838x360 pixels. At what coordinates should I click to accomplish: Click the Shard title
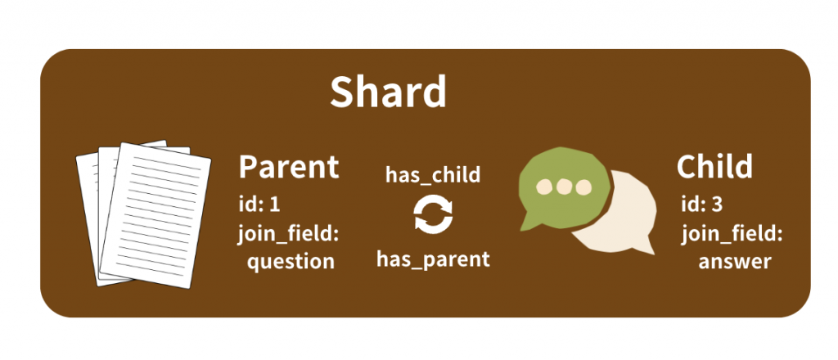tap(388, 92)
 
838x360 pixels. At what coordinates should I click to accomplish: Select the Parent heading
tap(289, 166)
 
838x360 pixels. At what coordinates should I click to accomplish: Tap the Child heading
tap(714, 166)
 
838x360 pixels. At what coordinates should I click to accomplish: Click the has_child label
tap(433, 174)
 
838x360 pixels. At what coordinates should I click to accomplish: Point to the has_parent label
tap(433, 259)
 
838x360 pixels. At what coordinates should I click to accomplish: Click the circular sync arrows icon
tap(433, 214)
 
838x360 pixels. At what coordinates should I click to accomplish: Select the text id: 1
tap(259, 205)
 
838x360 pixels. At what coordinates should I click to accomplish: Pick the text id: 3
tap(701, 205)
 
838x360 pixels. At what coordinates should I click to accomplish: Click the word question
tap(291, 263)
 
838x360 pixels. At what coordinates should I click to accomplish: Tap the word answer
tap(735, 262)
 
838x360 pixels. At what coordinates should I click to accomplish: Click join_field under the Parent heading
tap(289, 234)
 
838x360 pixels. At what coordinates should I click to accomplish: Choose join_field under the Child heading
tap(732, 234)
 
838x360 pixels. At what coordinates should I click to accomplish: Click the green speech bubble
tap(564, 187)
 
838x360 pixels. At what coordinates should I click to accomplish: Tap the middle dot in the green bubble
tap(565, 187)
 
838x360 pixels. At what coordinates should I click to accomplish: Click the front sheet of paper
tap(156, 214)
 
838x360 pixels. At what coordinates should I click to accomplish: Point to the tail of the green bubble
tap(529, 222)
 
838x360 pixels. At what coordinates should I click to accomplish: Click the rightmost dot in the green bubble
tap(583, 187)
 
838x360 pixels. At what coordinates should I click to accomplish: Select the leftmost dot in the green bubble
tap(544, 187)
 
